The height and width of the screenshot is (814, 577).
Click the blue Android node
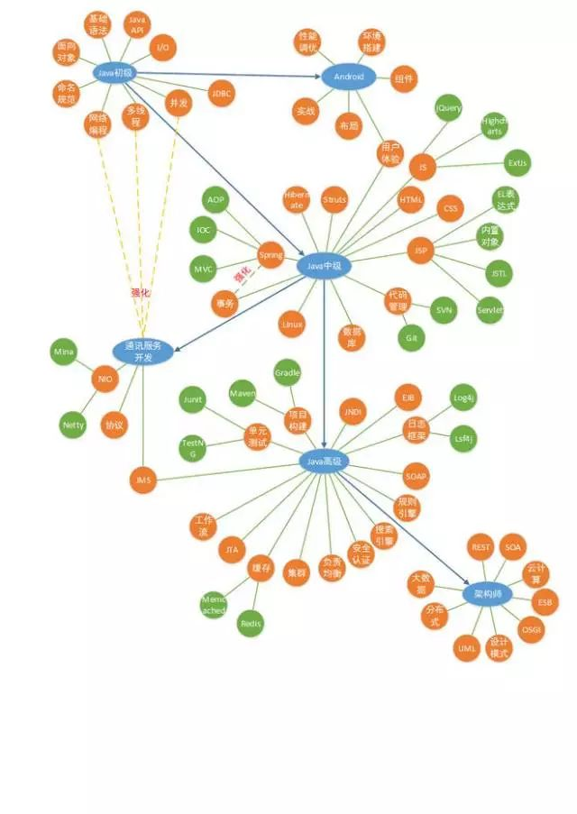pos(348,77)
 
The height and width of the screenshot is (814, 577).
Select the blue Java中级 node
pos(323,266)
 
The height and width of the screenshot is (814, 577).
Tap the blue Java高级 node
pos(324,462)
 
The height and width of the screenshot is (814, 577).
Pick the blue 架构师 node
pos(488,594)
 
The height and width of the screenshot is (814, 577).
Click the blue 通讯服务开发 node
pos(142,352)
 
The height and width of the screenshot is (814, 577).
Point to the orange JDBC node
pos(222,93)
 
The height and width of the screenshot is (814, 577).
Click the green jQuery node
pos(448,108)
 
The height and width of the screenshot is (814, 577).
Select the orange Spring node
pos(270,255)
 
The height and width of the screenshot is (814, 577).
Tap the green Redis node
pos(251,623)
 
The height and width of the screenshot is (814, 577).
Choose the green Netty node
pos(73,424)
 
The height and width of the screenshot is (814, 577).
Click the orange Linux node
pos(292,324)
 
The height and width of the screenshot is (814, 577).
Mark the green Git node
pos(411,337)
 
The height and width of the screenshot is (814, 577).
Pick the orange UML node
pos(466,647)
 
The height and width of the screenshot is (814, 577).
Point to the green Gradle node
pos(287,371)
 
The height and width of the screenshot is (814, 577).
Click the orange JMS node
pos(142,480)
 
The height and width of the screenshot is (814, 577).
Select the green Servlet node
pos(490,310)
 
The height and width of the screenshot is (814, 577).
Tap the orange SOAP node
pos(416,475)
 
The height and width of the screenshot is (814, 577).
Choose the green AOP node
pos(215,199)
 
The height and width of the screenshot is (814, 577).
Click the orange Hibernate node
pos(296,199)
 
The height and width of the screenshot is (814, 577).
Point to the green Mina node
pos(64,352)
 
